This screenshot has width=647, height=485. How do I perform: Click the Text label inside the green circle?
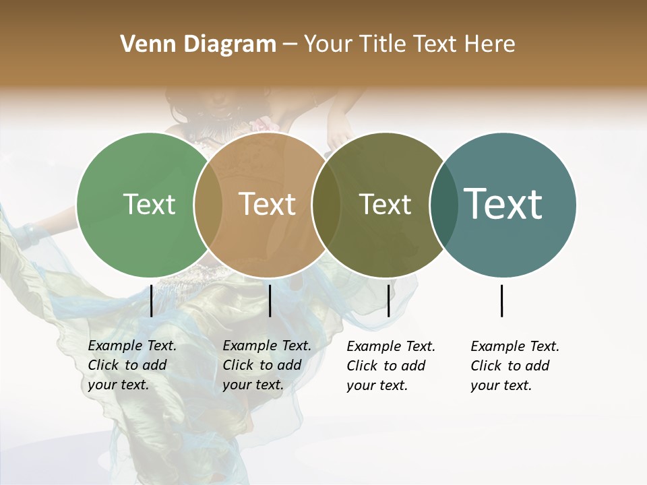click(149, 204)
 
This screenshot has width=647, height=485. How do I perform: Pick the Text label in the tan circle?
click(267, 204)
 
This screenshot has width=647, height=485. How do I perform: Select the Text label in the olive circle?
click(385, 204)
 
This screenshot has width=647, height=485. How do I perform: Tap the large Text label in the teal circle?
click(503, 204)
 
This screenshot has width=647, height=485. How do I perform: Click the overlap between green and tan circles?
click(208, 205)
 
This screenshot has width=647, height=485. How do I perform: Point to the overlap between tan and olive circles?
click(326, 205)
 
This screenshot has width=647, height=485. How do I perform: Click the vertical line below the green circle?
click(151, 300)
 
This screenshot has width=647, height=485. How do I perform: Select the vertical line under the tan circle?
click(270, 300)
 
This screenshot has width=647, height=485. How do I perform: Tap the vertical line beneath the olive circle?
click(388, 300)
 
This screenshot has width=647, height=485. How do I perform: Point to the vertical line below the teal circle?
click(502, 300)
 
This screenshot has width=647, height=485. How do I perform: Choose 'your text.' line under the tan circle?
click(253, 385)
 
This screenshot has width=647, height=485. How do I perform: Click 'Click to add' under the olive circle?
click(386, 366)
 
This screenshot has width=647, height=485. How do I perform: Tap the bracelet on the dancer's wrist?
click(30, 234)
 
